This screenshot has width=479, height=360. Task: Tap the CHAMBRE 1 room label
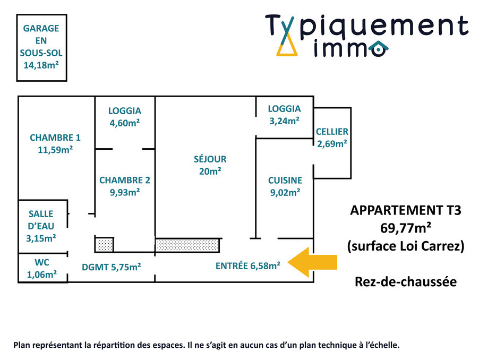[55, 138]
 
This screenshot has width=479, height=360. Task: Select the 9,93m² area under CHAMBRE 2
[125, 192]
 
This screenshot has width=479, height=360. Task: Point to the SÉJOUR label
[210, 159]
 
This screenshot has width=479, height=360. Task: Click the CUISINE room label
[285, 181]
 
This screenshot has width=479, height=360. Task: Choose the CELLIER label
[332, 132]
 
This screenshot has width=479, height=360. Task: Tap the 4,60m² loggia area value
[125, 123]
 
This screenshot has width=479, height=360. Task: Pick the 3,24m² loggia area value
[285, 121]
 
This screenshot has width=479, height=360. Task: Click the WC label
[42, 262]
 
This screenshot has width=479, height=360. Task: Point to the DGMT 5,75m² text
[112, 267]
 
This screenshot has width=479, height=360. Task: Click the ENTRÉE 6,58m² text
[247, 265]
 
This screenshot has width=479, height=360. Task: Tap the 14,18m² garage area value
[41, 65]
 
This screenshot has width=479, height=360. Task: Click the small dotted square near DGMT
[104, 245]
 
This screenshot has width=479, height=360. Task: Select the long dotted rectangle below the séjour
[187, 245]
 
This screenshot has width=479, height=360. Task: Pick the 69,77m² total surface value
[406, 228]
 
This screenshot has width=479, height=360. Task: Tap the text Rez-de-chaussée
[406, 282]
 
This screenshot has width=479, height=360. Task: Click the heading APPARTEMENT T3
[406, 210]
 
